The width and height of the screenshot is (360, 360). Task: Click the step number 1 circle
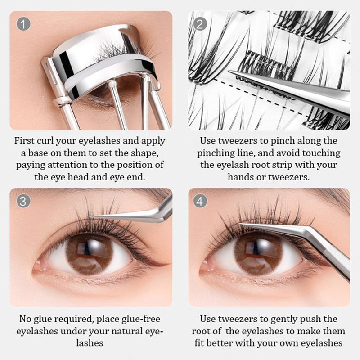(23, 23)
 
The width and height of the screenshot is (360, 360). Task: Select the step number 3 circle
(23, 201)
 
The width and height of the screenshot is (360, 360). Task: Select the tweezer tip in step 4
(242, 224)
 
